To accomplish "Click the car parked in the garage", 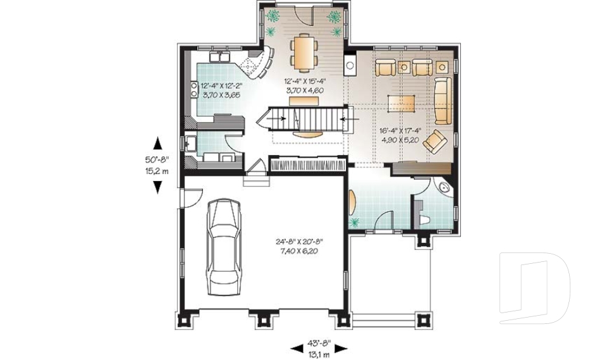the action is click(x=224, y=247).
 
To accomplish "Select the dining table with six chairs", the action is click(x=304, y=53).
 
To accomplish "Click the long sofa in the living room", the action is click(x=443, y=100).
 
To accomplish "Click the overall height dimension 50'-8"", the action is click(x=157, y=159).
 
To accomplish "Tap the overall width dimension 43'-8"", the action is click(x=320, y=342).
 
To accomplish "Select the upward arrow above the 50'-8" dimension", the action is click(x=157, y=143).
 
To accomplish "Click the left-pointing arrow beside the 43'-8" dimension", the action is click(x=297, y=349).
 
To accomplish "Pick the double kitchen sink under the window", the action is click(x=219, y=56).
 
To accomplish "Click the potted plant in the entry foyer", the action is click(x=354, y=222).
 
